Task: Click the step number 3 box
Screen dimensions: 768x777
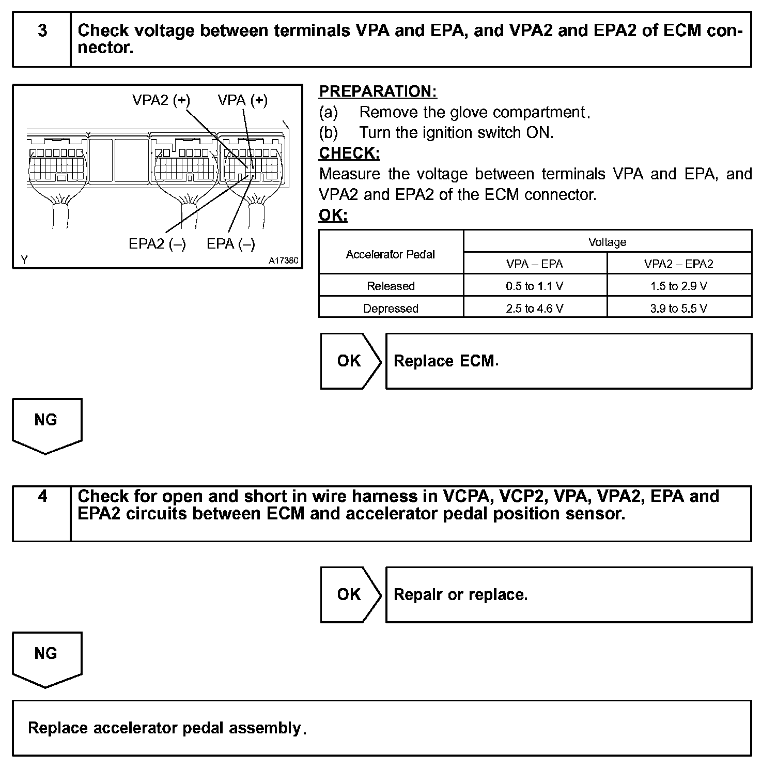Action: pos(42,40)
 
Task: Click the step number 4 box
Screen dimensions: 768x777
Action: pos(42,513)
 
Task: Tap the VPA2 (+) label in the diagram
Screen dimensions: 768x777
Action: pos(161,100)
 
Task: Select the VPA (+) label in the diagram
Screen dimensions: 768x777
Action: pos(243,100)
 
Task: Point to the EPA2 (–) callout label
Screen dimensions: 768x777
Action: pos(157,243)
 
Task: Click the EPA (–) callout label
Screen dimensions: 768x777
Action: pos(231,243)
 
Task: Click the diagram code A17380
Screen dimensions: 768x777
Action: pos(283,260)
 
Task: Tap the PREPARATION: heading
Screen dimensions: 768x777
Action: pos(378,91)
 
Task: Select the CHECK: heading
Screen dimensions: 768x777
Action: pos(349,153)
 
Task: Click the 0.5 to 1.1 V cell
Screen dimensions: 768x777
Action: pos(535,286)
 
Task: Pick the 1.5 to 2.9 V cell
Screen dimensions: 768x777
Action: pos(679,286)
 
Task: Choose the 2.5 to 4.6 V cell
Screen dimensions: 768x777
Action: pos(535,309)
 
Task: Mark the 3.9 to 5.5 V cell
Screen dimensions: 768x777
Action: pos(679,309)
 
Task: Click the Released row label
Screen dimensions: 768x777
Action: pos(391,286)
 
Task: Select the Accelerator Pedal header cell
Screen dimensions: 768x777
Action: pos(391,254)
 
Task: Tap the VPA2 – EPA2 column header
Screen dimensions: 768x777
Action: pos(679,264)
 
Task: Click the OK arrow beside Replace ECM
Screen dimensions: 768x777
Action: pos(350,361)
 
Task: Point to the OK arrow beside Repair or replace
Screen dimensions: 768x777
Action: pos(350,594)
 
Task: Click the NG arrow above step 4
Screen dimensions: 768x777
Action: pos(46,424)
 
